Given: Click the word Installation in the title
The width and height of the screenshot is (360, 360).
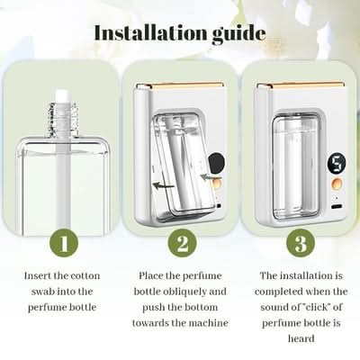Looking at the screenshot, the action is click(x=150, y=32).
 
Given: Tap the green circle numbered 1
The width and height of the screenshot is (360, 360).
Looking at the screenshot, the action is click(x=64, y=243).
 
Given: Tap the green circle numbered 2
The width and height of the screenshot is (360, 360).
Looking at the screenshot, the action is click(x=182, y=243).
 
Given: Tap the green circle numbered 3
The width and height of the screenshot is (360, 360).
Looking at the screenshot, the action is click(x=301, y=243).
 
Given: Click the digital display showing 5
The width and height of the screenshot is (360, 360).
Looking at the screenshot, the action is click(x=337, y=164).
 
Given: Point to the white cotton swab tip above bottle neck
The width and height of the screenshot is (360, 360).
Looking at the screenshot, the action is click(x=64, y=96).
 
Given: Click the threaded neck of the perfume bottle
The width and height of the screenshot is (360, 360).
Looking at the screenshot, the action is click(x=64, y=119).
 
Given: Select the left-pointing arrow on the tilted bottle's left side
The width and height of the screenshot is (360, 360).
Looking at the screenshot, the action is click(x=164, y=185).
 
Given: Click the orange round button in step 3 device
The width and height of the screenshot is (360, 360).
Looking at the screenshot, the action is click(x=337, y=183).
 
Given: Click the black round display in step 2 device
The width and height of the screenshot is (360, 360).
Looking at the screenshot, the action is click(x=217, y=162).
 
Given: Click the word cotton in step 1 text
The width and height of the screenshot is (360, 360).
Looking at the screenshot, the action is click(x=85, y=275).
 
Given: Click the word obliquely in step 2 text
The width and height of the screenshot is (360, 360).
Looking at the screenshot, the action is click(x=186, y=292).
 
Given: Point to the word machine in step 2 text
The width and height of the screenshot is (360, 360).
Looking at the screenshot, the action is click(x=208, y=323).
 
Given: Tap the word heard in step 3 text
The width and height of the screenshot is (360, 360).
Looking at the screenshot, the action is click(x=301, y=338).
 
